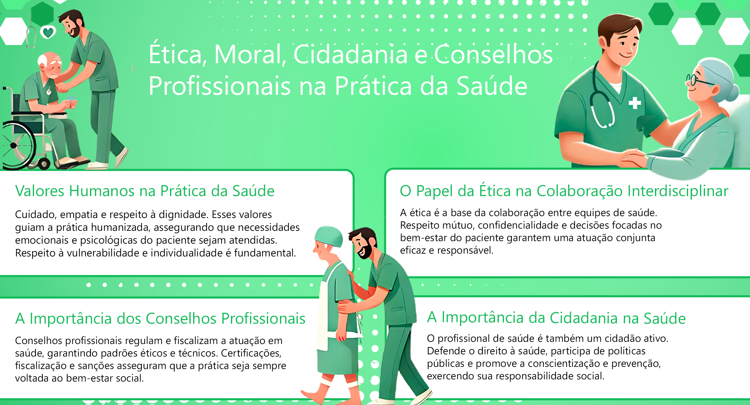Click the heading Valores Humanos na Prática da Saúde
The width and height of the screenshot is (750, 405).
145,191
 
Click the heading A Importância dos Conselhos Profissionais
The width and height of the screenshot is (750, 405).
160,318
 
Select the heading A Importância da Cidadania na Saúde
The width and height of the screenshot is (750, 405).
556,317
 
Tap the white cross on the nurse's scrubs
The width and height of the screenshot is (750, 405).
635,103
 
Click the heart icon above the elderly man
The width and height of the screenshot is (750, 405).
48,32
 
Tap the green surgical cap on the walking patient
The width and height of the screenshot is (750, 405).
329,236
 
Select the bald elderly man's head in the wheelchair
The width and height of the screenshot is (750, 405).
50,64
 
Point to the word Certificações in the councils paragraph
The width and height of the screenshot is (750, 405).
251,353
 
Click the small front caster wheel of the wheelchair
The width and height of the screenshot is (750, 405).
44,163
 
